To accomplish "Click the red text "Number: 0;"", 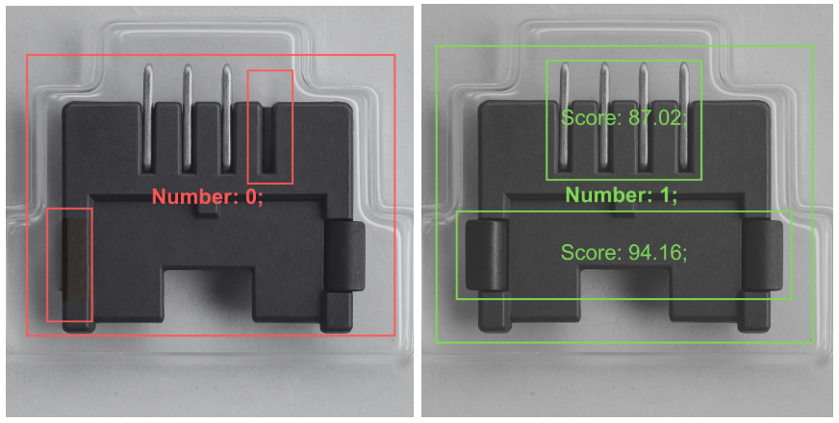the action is [208, 196].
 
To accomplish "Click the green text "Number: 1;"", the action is [622, 194].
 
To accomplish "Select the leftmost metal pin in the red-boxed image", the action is [147, 116].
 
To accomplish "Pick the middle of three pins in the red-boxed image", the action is [188, 116].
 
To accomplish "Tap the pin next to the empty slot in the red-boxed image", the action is [227, 116].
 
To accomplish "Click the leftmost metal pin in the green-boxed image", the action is [565, 116].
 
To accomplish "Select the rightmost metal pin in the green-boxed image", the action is [684, 116].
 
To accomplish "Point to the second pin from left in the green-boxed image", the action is [604, 116].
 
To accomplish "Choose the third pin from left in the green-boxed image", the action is [645, 116].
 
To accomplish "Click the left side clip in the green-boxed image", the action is [487, 255].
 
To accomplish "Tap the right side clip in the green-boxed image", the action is [762, 255].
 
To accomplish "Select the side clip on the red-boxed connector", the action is [345, 255].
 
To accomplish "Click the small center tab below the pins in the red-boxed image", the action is [207, 209].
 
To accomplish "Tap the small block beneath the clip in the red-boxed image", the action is [336, 311].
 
